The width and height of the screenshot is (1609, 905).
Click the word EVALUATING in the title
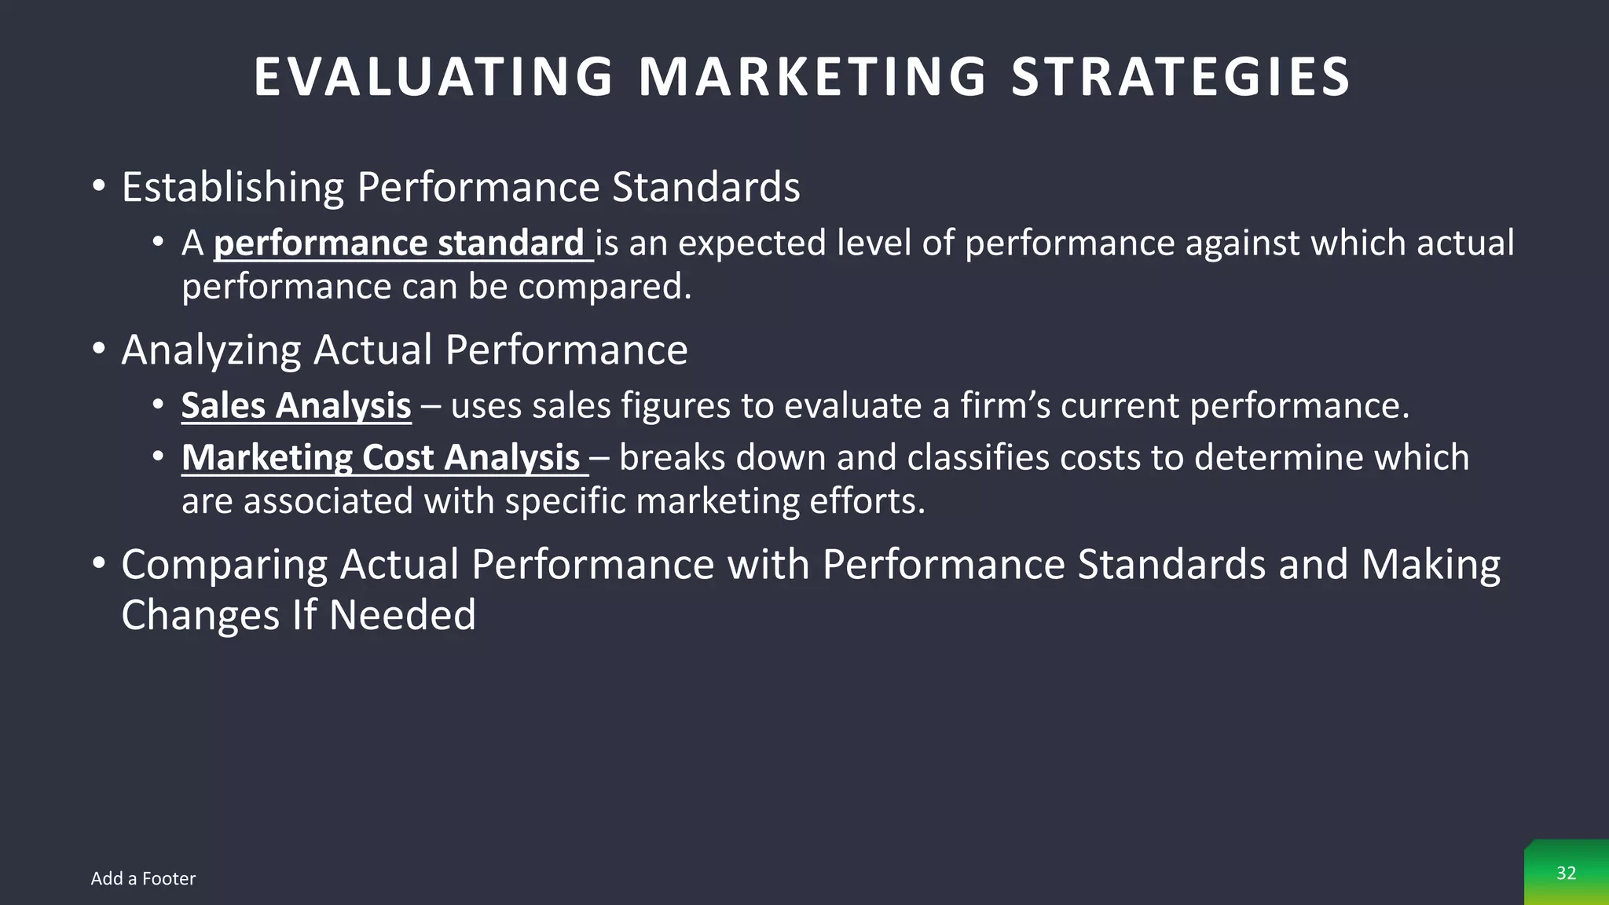click(433, 77)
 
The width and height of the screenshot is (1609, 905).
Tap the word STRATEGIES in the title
click(1180, 77)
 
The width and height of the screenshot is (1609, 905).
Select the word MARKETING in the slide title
click(812, 77)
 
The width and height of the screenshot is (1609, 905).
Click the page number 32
click(1566, 873)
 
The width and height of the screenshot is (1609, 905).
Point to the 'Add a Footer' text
click(143, 878)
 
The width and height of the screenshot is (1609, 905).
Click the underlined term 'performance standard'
click(399, 244)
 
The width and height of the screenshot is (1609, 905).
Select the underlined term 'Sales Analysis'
click(296, 406)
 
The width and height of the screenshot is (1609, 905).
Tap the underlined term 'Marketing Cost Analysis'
click(381, 458)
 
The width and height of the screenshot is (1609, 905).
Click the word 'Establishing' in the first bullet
click(233, 188)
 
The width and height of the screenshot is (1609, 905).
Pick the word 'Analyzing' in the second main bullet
click(211, 350)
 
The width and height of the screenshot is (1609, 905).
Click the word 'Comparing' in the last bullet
click(224, 565)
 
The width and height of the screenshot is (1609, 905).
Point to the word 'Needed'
click(402, 615)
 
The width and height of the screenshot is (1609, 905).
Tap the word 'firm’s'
click(1005, 406)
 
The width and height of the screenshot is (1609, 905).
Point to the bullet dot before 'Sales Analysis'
click(158, 405)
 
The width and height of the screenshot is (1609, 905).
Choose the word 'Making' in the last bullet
click(1430, 565)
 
